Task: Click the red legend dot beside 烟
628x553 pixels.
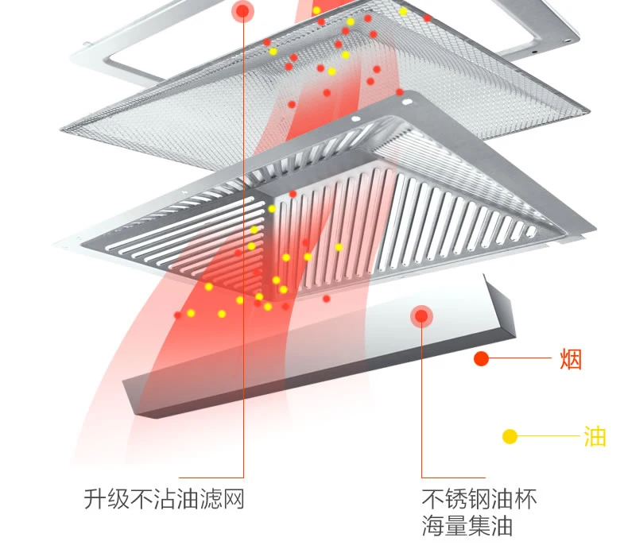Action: point(481,358)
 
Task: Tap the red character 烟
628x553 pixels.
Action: point(571,359)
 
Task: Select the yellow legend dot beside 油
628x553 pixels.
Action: point(510,436)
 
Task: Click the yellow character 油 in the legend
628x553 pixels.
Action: point(595,436)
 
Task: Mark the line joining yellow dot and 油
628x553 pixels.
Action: point(549,435)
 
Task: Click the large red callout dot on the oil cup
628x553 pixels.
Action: point(421,316)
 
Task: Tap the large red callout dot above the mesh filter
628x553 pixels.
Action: point(242,11)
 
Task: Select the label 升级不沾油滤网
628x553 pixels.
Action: point(165,499)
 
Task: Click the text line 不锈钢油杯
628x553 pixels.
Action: point(479,498)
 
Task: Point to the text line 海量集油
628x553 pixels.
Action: point(467,526)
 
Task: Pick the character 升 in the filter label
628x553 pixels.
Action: point(95,499)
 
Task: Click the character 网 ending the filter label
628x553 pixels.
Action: point(234,499)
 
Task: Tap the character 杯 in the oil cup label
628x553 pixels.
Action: point(525,498)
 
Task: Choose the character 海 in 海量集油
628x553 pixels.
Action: point(433,526)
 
